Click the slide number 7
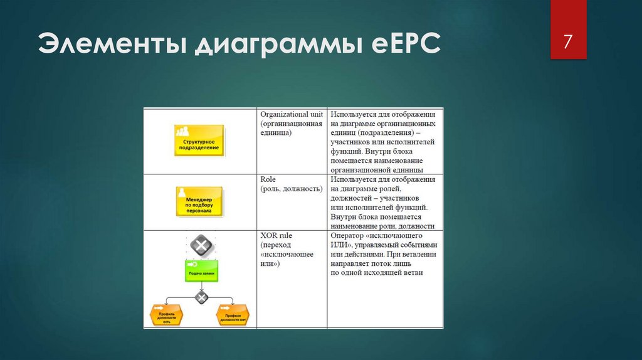568,43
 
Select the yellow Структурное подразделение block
198,140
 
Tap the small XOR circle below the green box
200,297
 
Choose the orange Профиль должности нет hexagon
233,314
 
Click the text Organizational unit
292,115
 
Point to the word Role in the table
268,179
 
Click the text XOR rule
276,235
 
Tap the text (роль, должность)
291,189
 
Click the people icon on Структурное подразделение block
182,132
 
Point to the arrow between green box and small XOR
200,287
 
